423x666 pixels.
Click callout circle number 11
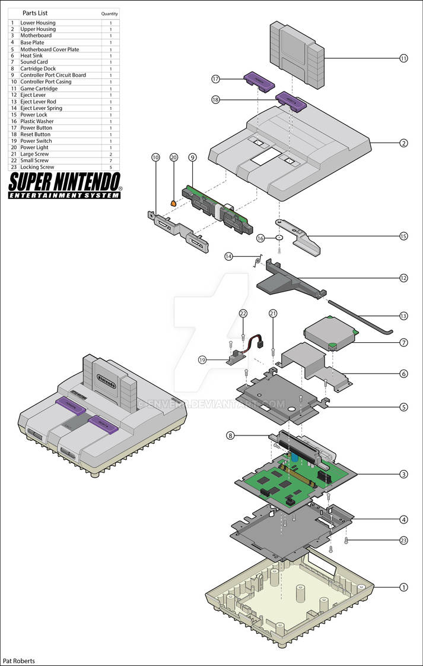[x=403, y=58]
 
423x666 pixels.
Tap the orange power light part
[x=174, y=203]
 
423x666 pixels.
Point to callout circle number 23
[x=403, y=541]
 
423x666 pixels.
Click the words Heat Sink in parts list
[x=34, y=55]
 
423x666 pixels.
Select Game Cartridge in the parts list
[x=39, y=89]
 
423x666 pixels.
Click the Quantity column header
[x=109, y=14]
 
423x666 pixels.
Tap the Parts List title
[x=35, y=13]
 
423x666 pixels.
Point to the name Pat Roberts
[x=19, y=661]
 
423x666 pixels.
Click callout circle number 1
[x=403, y=587]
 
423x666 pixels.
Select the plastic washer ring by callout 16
[x=279, y=238]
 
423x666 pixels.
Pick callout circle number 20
[x=173, y=157]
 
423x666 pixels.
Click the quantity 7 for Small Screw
[x=110, y=160]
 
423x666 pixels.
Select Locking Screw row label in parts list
[x=37, y=167]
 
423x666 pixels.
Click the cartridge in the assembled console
[x=107, y=377]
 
